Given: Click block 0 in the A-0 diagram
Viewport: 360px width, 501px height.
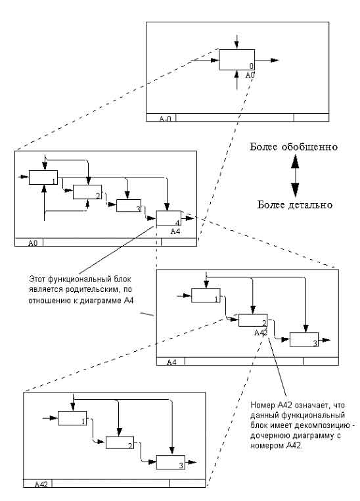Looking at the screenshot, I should pos(237,60).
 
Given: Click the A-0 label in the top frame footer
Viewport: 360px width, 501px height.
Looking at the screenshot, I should pos(166,119).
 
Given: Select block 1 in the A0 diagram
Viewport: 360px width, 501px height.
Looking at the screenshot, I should pos(43,177).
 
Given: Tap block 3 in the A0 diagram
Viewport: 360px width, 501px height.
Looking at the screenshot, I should pos(128,206).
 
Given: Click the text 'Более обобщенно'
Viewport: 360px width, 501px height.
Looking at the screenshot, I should pos(294,147).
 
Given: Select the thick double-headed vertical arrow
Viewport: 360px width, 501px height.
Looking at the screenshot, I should pos(295,176).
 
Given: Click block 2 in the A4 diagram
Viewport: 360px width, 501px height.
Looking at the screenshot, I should pos(253,320).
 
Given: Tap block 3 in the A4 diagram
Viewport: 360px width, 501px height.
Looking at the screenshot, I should pos(304,340).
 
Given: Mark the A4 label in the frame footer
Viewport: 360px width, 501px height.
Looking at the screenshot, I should pos(171,362).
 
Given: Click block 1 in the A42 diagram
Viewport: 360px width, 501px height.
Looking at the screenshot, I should pos(72,418).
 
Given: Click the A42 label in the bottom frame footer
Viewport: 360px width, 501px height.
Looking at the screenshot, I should pos(41,484).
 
